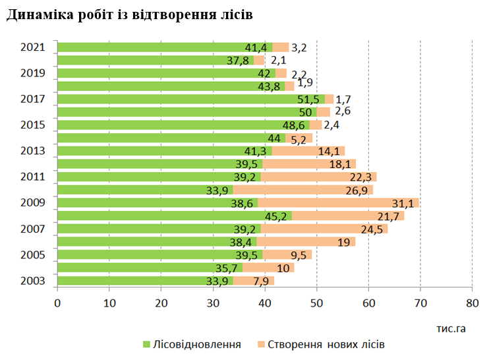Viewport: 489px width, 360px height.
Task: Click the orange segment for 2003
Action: [x=253, y=281]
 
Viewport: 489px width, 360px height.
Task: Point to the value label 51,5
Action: [x=308, y=100]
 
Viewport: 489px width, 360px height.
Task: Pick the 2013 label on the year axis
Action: [x=32, y=151]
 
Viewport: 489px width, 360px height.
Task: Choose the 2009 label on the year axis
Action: [x=32, y=203]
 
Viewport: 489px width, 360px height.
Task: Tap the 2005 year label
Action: [x=32, y=255]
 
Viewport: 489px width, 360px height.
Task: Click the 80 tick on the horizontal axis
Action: [x=472, y=303]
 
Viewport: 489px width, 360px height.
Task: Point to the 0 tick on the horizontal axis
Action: [x=57, y=303]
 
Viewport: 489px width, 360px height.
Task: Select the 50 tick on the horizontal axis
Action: [x=316, y=303]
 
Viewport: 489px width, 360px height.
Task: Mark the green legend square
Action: [x=147, y=345]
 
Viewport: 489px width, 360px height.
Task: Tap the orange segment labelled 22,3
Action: [x=318, y=177]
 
